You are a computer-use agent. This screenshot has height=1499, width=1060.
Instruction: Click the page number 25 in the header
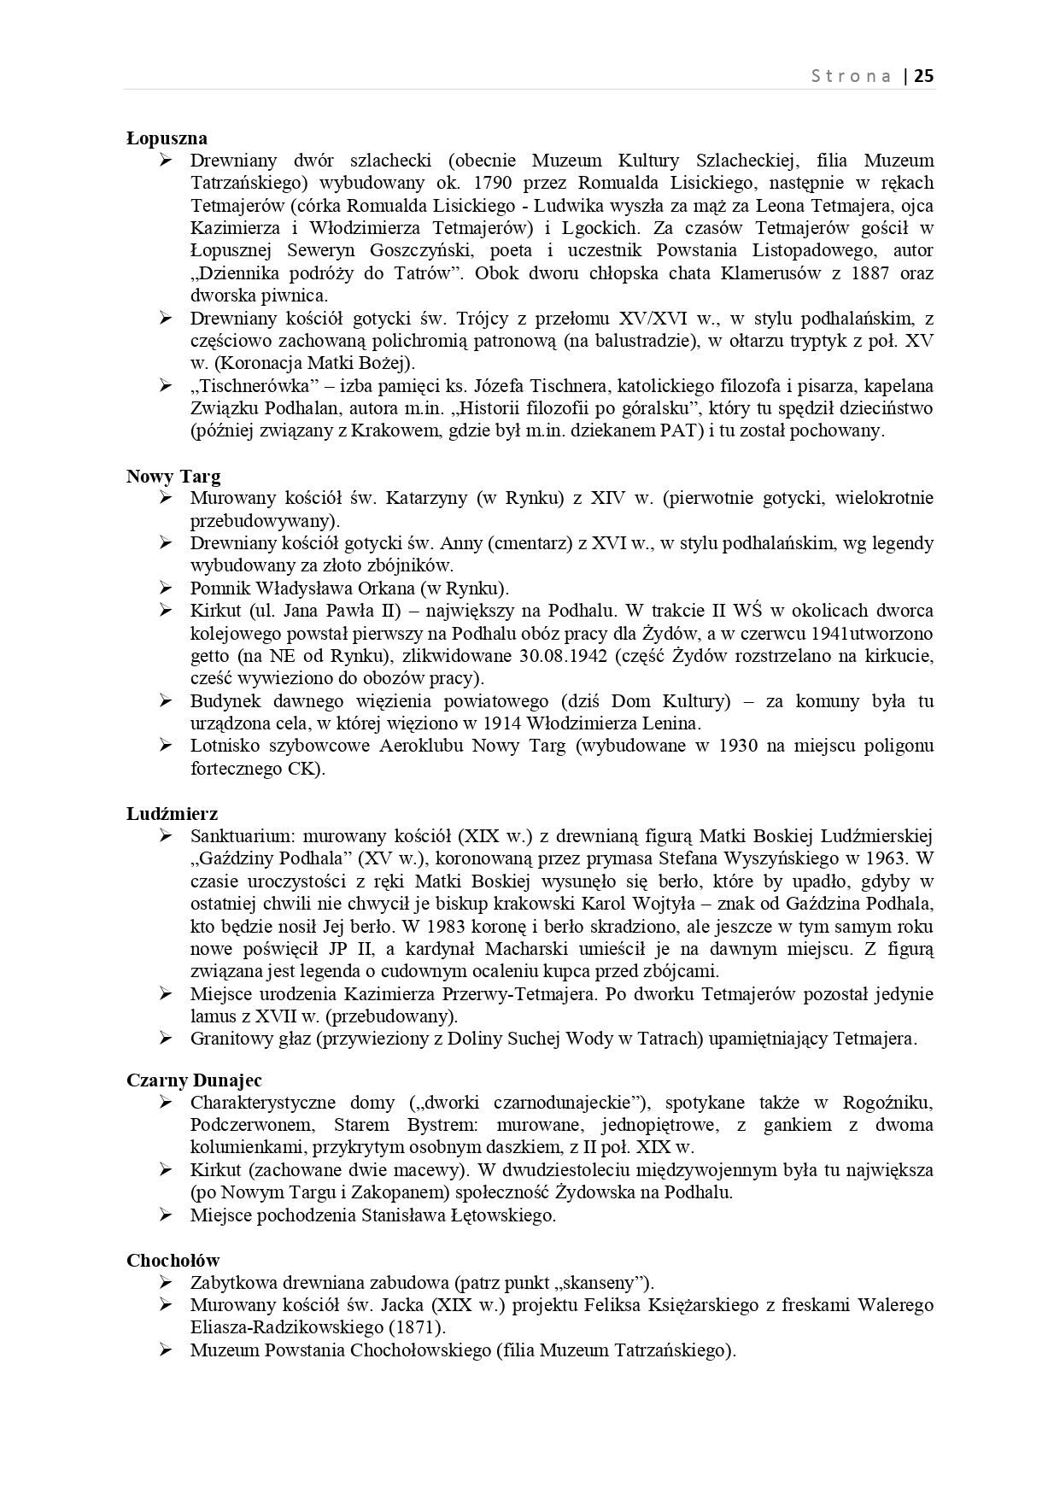coord(924,76)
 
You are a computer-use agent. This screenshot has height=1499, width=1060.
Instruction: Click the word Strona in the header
coord(851,76)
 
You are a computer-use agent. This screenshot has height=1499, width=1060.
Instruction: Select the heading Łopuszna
coord(167,138)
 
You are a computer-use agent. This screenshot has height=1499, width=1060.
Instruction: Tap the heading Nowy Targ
coord(173,477)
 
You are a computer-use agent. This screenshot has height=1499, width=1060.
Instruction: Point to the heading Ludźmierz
coord(173,814)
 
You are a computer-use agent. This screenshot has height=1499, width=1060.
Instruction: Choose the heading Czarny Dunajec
coord(194,1080)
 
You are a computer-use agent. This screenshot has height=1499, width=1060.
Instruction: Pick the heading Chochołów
coord(173,1261)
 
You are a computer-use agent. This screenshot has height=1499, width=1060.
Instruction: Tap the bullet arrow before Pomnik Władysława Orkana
coord(166,588)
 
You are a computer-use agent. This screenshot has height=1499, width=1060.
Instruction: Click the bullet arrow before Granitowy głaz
coord(166,1039)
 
